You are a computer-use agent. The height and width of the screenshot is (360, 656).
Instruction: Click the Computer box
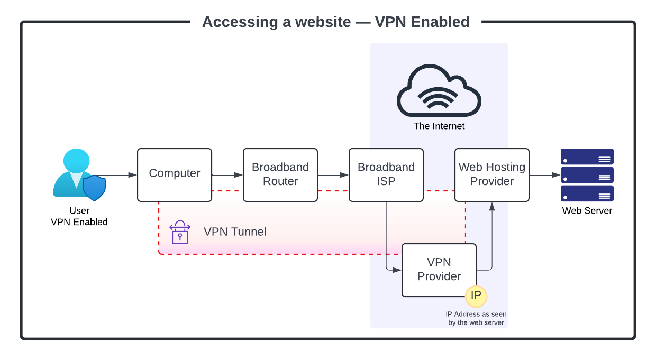point(175,174)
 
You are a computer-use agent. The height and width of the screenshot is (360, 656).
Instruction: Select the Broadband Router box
point(280,174)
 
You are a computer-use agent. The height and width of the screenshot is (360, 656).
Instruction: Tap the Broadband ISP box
point(386,174)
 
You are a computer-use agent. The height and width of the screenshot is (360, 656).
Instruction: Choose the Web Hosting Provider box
point(492,174)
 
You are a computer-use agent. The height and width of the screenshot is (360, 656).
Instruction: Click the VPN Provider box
point(439,270)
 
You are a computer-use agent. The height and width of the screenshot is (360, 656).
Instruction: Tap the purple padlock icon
point(180,233)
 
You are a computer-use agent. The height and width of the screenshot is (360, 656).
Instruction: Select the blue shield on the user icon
point(94,188)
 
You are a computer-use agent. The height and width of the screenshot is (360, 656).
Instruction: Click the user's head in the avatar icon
point(76,160)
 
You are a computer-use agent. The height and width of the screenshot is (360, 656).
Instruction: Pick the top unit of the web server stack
point(587,157)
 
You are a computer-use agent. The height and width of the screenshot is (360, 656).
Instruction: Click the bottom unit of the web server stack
point(587,193)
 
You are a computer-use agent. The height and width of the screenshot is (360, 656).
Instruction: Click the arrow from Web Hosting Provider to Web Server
point(545,175)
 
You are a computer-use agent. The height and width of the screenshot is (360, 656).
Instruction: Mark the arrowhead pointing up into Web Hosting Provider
point(492,206)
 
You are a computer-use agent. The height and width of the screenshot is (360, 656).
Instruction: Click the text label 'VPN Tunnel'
point(235,232)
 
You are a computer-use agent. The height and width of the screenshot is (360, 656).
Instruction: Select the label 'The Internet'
point(439,126)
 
